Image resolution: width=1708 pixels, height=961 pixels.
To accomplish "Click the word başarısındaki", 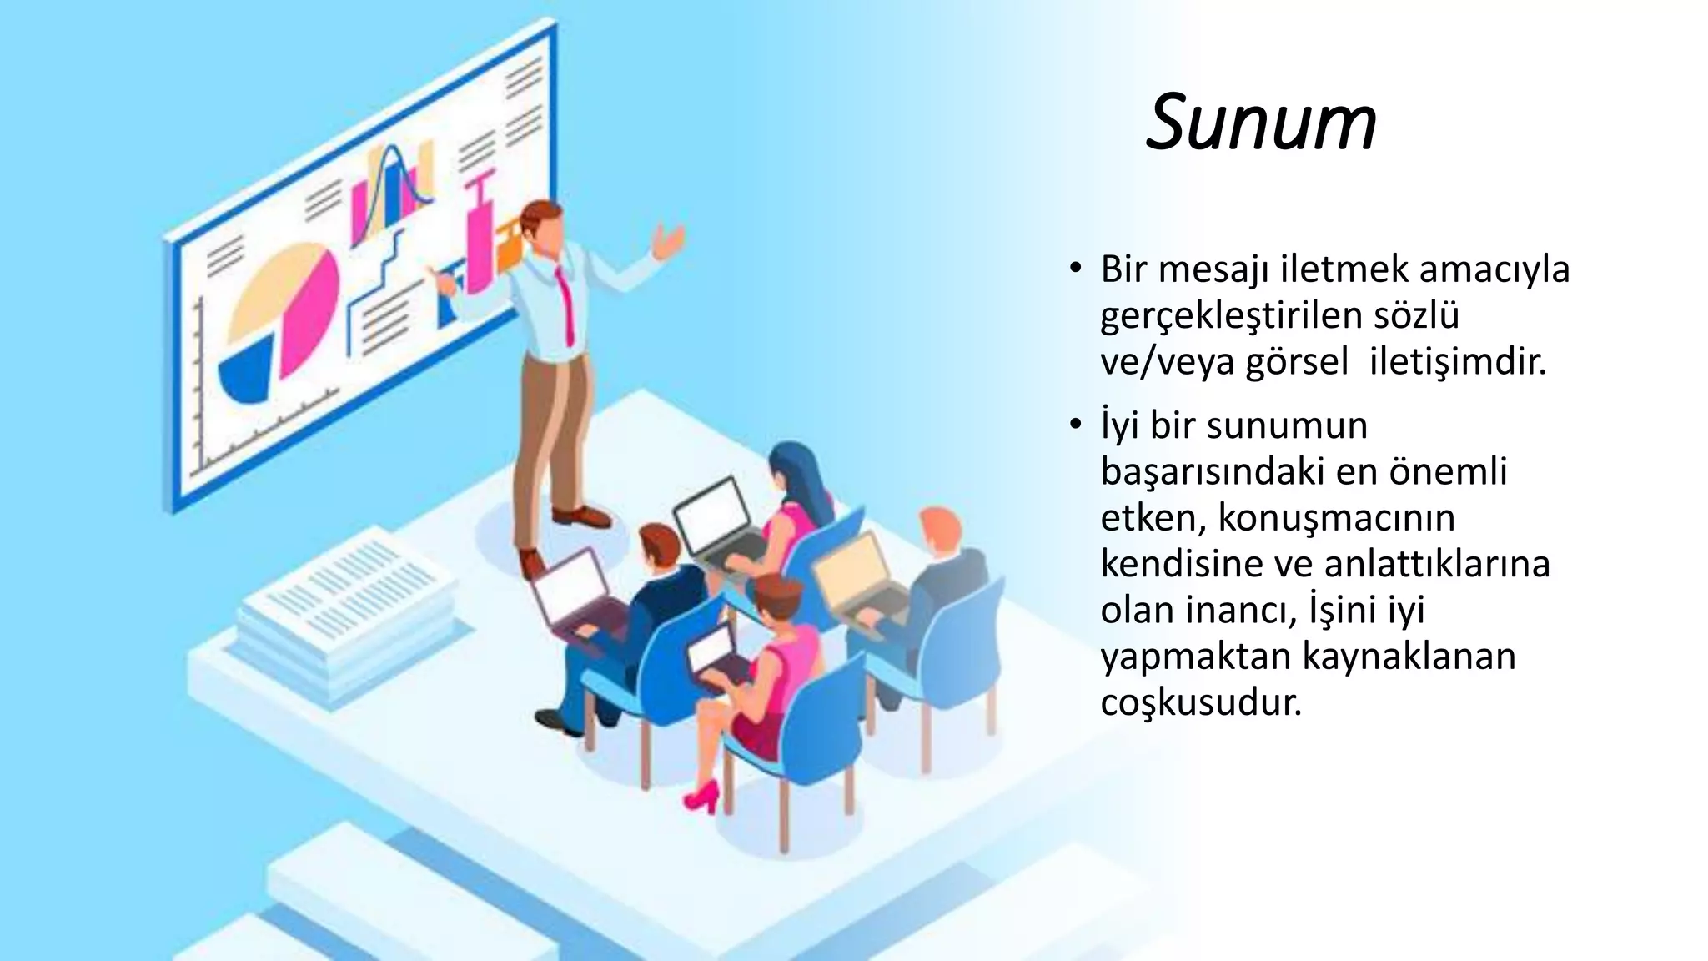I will (x=1200, y=472).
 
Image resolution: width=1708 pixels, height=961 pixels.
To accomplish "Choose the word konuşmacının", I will (x=1336, y=518).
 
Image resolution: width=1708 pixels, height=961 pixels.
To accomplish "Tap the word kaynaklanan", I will (x=1409, y=657).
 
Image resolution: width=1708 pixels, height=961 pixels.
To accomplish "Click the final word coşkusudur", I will (x=1201, y=703).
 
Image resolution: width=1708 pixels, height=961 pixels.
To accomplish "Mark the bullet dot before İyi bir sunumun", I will (x=1075, y=426).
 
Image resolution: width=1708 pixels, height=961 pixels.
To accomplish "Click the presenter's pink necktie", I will (x=566, y=304).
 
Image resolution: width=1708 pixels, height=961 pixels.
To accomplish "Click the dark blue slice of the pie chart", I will (x=247, y=373).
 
